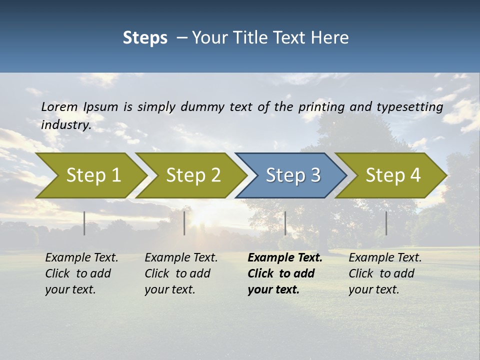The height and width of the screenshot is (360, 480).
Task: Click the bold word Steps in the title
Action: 145,38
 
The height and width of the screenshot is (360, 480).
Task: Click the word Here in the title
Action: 329,38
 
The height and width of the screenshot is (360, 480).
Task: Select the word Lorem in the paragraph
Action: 59,107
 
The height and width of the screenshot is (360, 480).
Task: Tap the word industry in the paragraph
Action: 66,124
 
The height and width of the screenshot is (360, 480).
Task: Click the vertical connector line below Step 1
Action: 84,223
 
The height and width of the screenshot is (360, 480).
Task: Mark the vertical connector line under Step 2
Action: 184,223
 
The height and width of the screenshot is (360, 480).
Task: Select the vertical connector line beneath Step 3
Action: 285,223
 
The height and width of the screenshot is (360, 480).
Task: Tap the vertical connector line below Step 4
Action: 386,223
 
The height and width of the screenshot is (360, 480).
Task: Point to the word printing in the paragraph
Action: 321,107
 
